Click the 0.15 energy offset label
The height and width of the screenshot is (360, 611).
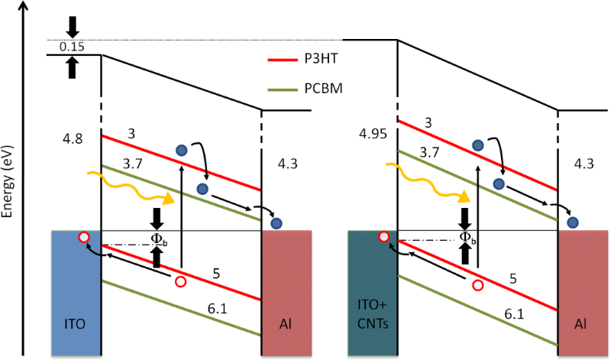pyautogui.click(x=71, y=47)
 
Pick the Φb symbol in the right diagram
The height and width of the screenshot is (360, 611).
pyautogui.click(x=467, y=238)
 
